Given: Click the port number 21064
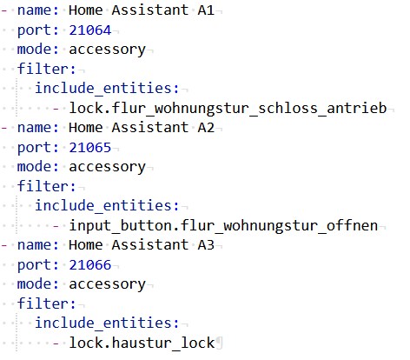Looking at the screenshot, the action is point(90,30).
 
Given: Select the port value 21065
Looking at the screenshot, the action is point(90,148).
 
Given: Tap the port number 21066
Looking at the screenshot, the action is point(90,265).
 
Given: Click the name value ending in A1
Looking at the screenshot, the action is point(142,10).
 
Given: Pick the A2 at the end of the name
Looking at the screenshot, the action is point(206,128).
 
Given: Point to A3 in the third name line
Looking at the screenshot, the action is point(206,245).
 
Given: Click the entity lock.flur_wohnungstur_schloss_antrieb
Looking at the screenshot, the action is point(228,108).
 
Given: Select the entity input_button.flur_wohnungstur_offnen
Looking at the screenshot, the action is point(223,225).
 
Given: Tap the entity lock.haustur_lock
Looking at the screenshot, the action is point(142,343).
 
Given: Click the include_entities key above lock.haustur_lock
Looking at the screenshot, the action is point(107,323).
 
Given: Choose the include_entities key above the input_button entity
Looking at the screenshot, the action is point(107,205).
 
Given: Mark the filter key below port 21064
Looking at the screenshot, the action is point(46,69).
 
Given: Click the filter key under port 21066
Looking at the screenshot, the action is point(46,303).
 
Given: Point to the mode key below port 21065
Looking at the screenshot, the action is point(38,167).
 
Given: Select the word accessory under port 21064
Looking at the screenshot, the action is point(107,50).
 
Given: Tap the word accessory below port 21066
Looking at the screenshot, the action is point(107,284).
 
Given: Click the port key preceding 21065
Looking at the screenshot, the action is point(38,148).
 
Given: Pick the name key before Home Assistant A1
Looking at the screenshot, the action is point(38,10).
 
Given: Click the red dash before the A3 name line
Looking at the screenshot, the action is point(4,245).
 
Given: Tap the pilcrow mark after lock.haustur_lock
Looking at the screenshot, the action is point(219,343).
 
